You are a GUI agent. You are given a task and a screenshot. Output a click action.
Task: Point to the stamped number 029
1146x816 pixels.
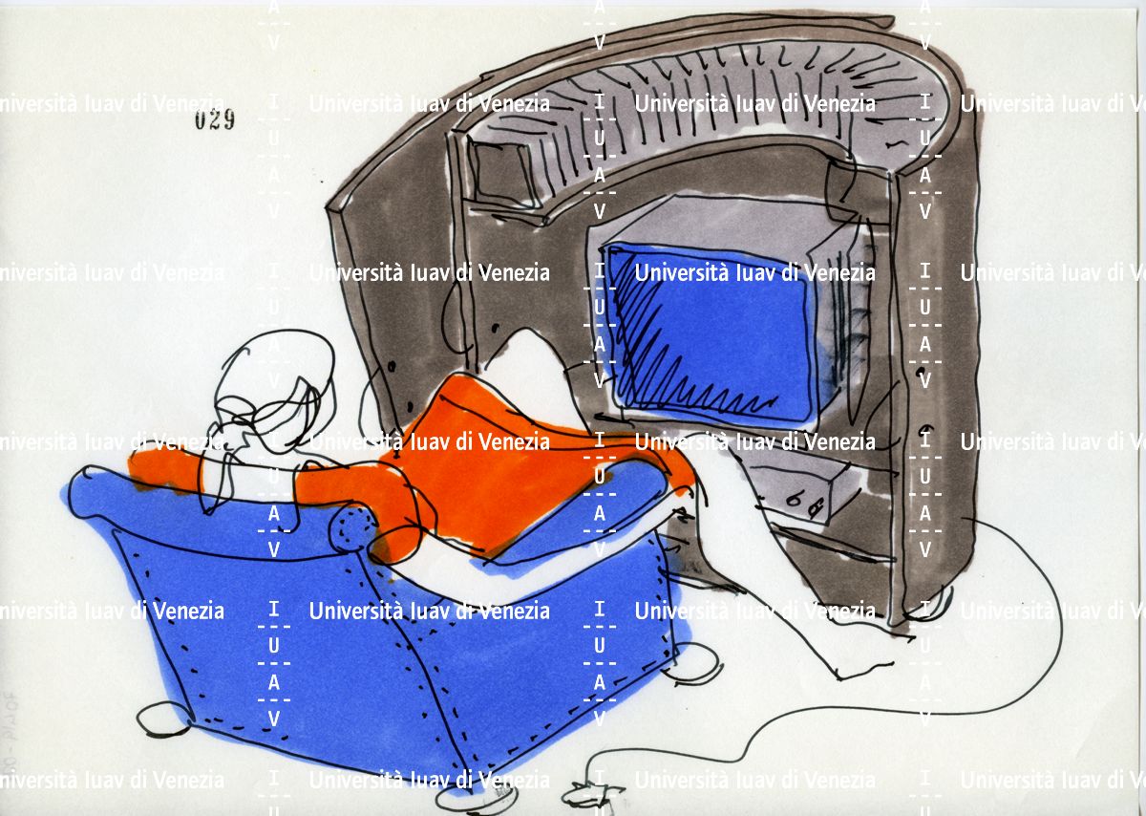(x=215, y=120)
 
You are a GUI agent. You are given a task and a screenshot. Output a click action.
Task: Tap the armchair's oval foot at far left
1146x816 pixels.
(x=159, y=719)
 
